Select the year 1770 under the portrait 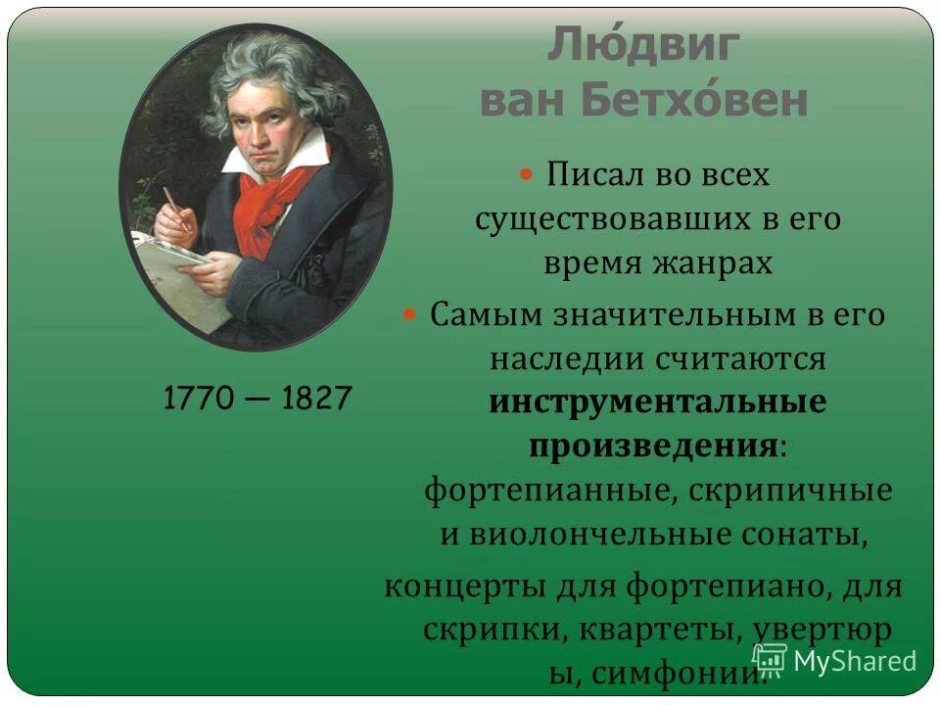click(x=200, y=399)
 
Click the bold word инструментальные click(x=657, y=402)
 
